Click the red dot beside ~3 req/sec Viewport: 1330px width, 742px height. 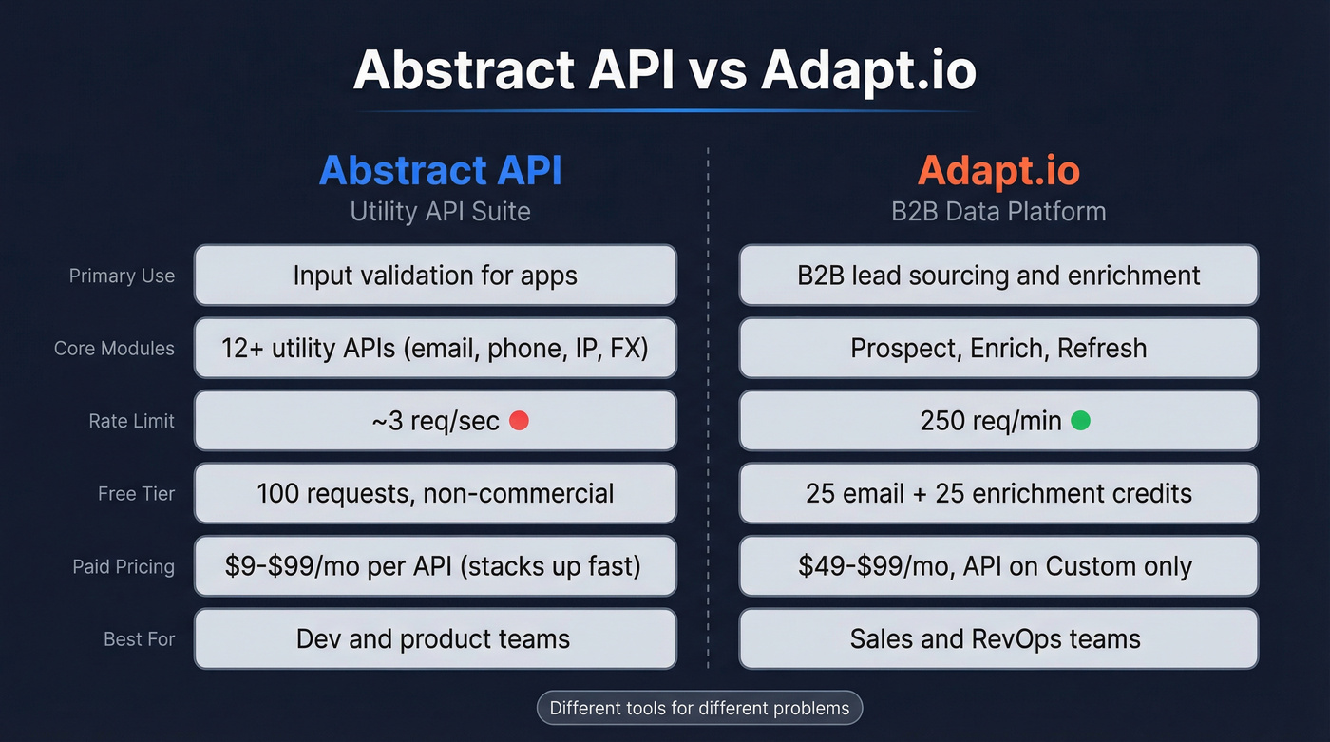click(x=519, y=420)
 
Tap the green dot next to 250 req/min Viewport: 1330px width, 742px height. click(x=1080, y=420)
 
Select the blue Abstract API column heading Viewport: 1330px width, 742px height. click(x=440, y=170)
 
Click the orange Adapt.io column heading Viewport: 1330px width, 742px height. click(x=997, y=170)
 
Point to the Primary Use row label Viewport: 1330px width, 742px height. click(x=122, y=276)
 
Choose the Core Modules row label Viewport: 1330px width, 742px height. click(x=114, y=349)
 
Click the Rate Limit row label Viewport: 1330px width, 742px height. click(x=131, y=421)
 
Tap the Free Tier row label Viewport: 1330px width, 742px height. click(x=136, y=494)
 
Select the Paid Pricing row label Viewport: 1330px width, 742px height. click(x=123, y=566)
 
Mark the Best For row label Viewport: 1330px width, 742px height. click(x=139, y=639)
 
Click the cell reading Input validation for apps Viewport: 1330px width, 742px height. click(x=435, y=276)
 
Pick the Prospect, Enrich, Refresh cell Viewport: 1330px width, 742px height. click(x=998, y=348)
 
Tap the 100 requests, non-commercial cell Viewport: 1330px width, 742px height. click(x=435, y=494)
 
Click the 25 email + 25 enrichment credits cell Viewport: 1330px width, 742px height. click(x=998, y=494)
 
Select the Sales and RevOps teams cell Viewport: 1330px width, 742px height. click(x=998, y=638)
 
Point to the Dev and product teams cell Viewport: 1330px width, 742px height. click(x=435, y=638)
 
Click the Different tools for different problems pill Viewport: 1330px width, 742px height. click(x=699, y=708)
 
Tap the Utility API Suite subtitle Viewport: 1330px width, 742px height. click(x=440, y=210)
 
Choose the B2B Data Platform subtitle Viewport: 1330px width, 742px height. click(x=997, y=210)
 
